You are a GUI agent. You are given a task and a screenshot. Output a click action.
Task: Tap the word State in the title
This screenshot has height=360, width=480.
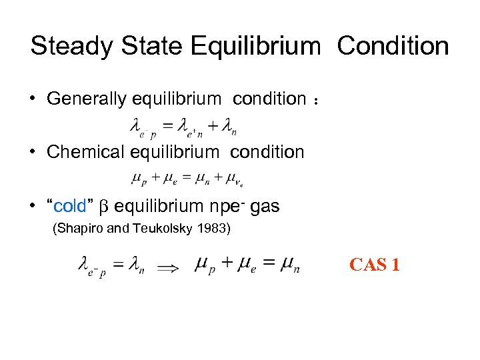(148, 46)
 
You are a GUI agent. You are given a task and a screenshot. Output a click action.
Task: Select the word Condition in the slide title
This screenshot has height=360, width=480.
(393, 46)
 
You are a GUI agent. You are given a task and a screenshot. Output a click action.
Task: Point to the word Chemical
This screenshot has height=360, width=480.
(85, 152)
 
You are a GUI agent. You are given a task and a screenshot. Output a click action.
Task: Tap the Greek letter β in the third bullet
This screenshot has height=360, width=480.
(103, 207)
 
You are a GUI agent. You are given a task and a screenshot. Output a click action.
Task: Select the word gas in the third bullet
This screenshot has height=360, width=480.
(265, 207)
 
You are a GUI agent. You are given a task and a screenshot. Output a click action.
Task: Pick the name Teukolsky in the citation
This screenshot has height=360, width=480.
(161, 230)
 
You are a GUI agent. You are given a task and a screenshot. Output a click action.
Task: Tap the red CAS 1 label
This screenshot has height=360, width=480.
(375, 265)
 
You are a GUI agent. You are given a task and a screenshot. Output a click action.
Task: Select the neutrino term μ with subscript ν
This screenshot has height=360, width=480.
(234, 179)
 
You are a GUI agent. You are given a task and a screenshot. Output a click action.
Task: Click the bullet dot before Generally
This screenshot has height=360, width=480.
(33, 99)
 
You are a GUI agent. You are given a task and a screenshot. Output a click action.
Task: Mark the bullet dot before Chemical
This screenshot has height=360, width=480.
(33, 152)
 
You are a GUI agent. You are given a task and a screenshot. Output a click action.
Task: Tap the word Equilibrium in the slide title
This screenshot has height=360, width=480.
(255, 47)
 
